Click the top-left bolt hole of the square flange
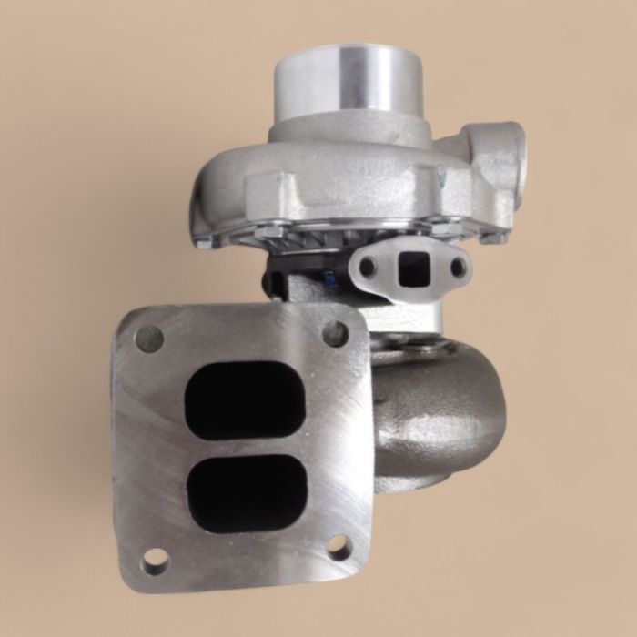149,339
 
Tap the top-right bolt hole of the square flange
335,333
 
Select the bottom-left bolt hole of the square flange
155,557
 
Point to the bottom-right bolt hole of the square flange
339,547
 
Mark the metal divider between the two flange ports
245,445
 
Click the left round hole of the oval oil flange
368,268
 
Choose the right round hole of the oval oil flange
458,267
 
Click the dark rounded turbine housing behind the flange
437,409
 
